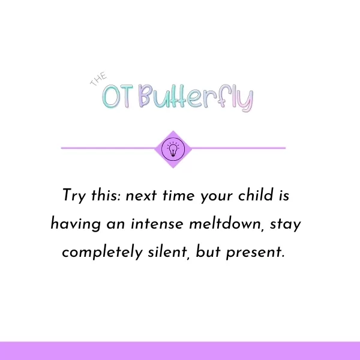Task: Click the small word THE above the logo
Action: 98,79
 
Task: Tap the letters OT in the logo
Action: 118,97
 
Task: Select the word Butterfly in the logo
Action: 196,98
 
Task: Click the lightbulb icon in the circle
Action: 173,149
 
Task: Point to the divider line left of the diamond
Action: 108,148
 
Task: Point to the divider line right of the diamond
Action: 238,148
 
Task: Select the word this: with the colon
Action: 106,195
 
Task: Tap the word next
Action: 141,196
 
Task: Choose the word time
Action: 178,196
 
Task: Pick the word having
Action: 76,224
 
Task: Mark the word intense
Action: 157,224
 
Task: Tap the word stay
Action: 286,224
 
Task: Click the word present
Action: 256,253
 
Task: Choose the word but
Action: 208,251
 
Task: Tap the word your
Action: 216,197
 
